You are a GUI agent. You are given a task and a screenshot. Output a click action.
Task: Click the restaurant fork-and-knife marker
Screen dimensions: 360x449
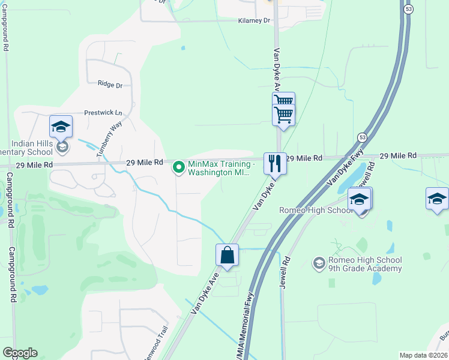[x=274, y=163]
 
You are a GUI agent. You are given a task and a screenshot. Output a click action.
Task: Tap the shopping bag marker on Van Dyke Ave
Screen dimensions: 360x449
[x=228, y=255]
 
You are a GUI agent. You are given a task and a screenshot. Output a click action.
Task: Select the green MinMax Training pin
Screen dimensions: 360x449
[x=178, y=167]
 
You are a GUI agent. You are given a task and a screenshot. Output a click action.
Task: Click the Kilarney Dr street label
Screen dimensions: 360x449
[x=255, y=20]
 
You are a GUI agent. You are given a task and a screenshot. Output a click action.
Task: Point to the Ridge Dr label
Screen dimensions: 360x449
[x=109, y=85]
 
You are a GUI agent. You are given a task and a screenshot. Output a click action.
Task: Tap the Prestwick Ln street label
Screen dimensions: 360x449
[x=103, y=113]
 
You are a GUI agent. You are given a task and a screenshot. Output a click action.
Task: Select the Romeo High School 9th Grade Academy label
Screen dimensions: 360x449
[x=365, y=264]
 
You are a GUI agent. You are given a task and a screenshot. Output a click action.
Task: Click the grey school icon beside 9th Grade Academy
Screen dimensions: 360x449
[x=319, y=263]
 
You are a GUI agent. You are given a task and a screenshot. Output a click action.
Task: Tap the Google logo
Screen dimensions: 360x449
[x=20, y=353]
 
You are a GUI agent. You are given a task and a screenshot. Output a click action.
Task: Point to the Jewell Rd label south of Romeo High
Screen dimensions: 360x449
[x=285, y=273]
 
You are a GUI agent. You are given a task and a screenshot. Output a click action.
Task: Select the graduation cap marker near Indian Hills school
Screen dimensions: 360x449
[x=61, y=126]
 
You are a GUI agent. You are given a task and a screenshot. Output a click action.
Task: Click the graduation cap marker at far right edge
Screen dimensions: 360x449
[x=437, y=199]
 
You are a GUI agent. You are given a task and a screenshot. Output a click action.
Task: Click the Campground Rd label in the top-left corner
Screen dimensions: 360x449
[x=5, y=30]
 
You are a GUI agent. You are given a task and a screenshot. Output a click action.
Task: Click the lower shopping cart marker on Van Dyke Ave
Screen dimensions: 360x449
[x=283, y=113]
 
